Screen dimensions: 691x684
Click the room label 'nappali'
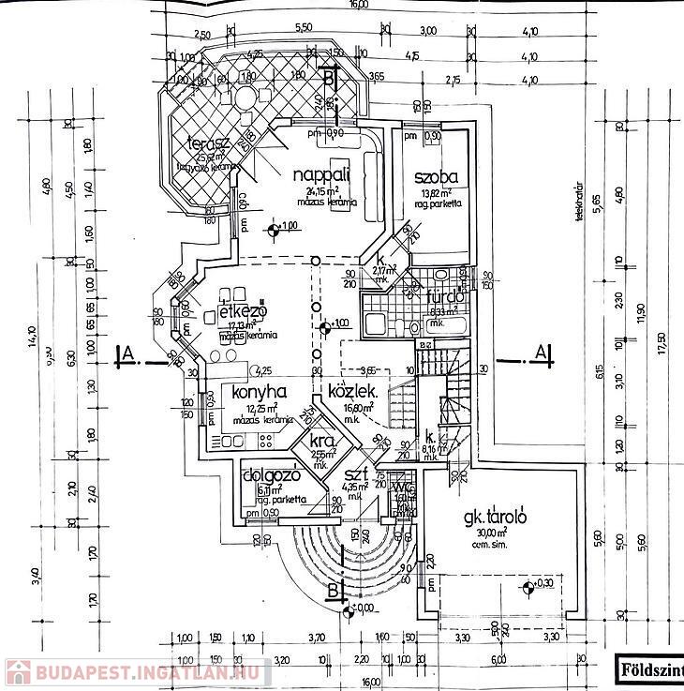tap(320, 175)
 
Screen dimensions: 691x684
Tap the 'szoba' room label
tap(437, 177)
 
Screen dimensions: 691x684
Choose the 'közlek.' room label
tap(352, 392)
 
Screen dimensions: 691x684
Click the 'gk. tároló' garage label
tap(497, 517)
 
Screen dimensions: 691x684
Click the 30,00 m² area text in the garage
tap(489, 533)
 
